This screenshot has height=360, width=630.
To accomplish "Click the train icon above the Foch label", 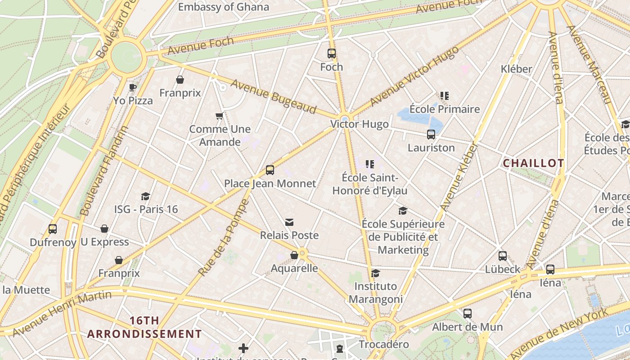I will click(332, 54).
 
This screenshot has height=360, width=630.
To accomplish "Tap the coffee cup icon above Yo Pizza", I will click(132, 87).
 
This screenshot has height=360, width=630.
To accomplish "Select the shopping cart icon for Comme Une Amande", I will click(220, 116).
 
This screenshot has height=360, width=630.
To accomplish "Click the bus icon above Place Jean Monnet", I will click(270, 170).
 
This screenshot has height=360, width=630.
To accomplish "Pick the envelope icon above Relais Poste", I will click(289, 222).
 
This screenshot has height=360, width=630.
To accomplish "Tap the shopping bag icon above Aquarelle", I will click(294, 255).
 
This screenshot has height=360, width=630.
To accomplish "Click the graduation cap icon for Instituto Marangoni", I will click(375, 273).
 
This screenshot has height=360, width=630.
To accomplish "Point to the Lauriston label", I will click(431, 148).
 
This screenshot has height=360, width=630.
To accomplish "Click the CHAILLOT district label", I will click(533, 163).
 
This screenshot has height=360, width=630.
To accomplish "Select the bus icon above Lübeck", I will click(503, 256).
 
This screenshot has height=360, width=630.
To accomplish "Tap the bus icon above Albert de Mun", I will click(468, 314).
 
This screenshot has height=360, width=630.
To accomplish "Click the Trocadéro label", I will click(384, 345).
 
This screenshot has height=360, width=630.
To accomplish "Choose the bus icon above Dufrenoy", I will click(53, 229).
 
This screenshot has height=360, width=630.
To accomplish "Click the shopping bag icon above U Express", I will click(104, 229).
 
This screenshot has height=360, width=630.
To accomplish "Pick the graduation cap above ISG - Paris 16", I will click(145, 196).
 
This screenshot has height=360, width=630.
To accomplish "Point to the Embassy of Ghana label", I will click(224, 7).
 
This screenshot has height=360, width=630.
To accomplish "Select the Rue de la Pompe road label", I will click(224, 238).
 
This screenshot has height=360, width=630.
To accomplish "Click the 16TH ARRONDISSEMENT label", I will click(144, 327).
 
